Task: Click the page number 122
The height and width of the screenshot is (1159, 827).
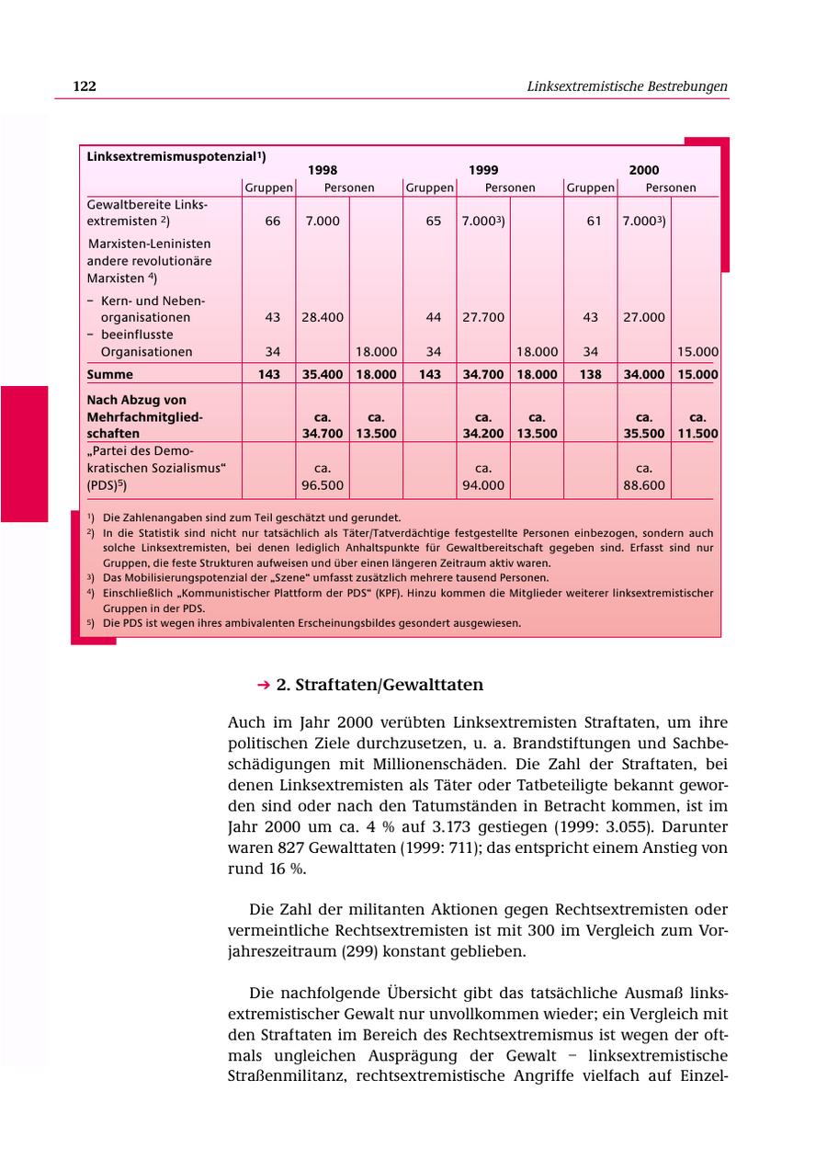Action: (x=85, y=86)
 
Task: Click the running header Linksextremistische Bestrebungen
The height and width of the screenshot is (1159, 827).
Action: (x=627, y=86)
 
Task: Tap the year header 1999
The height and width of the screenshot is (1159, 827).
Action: (x=483, y=170)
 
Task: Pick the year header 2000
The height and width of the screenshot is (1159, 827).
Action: (x=643, y=170)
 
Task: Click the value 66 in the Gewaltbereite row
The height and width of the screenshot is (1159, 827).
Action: (x=273, y=222)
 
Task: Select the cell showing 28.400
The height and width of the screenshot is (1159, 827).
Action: (x=323, y=317)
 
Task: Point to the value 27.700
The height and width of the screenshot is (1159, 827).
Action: (x=483, y=317)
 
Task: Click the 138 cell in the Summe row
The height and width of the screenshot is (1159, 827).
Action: (x=590, y=374)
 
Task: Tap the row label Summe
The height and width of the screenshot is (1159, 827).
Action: (x=109, y=374)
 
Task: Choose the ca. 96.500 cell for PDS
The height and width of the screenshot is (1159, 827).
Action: (x=323, y=477)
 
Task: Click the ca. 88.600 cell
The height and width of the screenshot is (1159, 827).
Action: (x=643, y=477)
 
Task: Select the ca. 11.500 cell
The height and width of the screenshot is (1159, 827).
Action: (x=697, y=426)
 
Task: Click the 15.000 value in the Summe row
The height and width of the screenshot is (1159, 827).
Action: (x=697, y=374)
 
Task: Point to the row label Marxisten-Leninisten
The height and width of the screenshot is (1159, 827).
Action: (x=150, y=244)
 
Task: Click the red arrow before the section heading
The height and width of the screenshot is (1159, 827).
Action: (x=264, y=685)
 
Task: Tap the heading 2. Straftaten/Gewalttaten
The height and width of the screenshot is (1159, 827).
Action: (x=380, y=685)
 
